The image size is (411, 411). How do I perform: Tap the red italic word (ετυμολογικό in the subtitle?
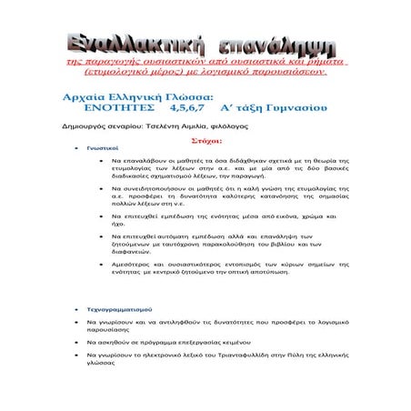point(121,70)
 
